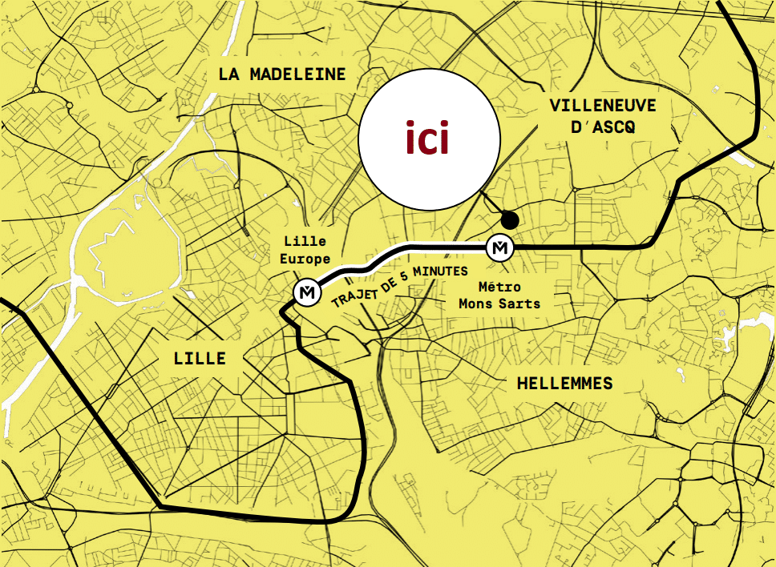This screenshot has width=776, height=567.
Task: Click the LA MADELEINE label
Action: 282,74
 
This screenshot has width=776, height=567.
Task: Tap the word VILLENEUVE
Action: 603,106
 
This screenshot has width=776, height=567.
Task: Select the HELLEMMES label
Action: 564,384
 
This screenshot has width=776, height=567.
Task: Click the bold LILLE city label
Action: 200,358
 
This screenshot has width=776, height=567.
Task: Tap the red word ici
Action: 426,139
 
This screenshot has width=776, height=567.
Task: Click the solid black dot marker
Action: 508,219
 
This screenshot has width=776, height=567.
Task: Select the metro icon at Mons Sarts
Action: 500,248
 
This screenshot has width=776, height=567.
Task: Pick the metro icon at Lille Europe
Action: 305,294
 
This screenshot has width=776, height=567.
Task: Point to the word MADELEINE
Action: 297,74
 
